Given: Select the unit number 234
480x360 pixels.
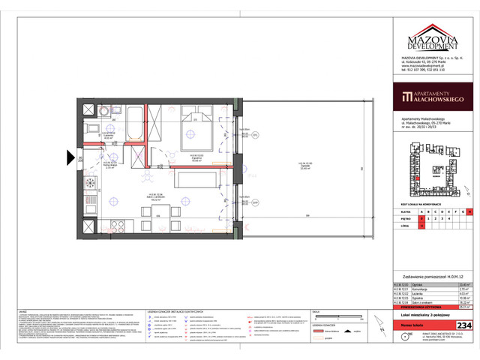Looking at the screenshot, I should point(465,324).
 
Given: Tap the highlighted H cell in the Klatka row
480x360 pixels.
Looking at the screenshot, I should point(469,212).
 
